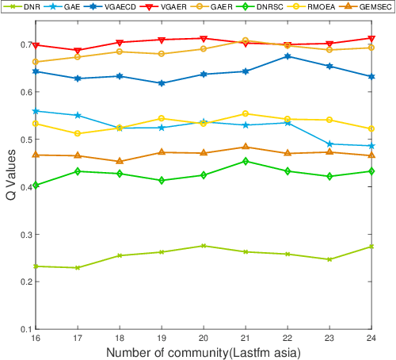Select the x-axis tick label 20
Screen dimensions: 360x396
tap(204, 337)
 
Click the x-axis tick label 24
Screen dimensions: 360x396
tap(372, 337)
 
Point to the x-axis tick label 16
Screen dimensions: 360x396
tap(35, 337)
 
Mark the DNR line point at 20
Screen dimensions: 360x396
tap(204, 246)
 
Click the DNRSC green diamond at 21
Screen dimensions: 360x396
tap(246, 161)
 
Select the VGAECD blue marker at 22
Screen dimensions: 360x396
tap(287, 56)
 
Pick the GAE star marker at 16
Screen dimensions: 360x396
tap(35, 111)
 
